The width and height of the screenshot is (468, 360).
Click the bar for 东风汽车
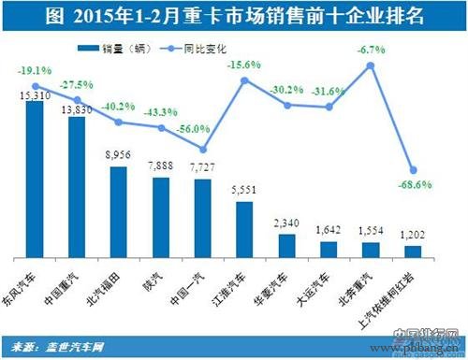coord(34,178)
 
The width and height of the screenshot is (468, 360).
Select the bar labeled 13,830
coord(76,187)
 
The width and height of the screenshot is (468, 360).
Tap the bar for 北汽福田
coord(118,211)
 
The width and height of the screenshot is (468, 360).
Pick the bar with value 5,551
coord(243,228)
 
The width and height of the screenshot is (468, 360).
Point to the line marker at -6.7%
coord(370,65)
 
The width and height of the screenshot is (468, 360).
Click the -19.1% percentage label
coord(34,71)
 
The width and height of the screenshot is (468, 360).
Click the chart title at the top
coord(234,16)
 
